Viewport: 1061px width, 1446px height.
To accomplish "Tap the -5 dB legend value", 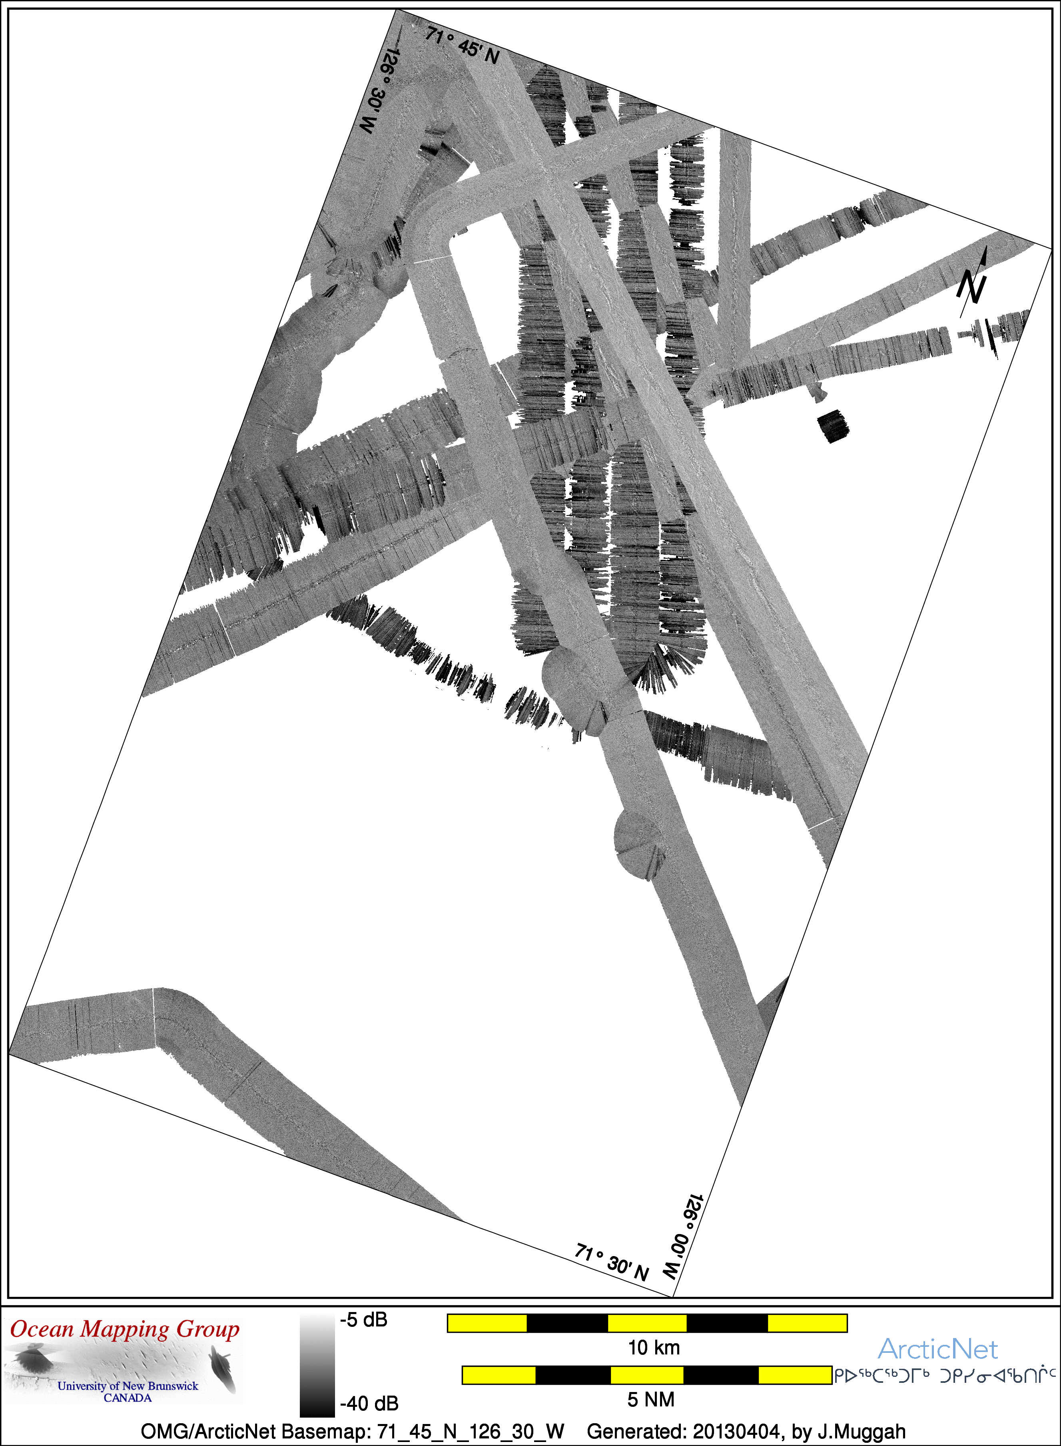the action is pos(363,1320).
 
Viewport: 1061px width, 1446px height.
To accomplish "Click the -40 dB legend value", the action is pos(369,1404).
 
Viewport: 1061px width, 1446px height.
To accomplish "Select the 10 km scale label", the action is pos(654,1348).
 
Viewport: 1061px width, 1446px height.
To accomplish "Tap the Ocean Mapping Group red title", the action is pos(125,1328).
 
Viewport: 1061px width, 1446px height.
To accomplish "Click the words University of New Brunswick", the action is pos(128,1386).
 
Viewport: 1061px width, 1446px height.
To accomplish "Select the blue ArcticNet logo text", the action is pos(938,1349).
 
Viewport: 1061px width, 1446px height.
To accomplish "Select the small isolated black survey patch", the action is pos(833,426).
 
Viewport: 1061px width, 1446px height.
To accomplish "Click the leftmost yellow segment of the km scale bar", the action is pos(487,1323).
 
